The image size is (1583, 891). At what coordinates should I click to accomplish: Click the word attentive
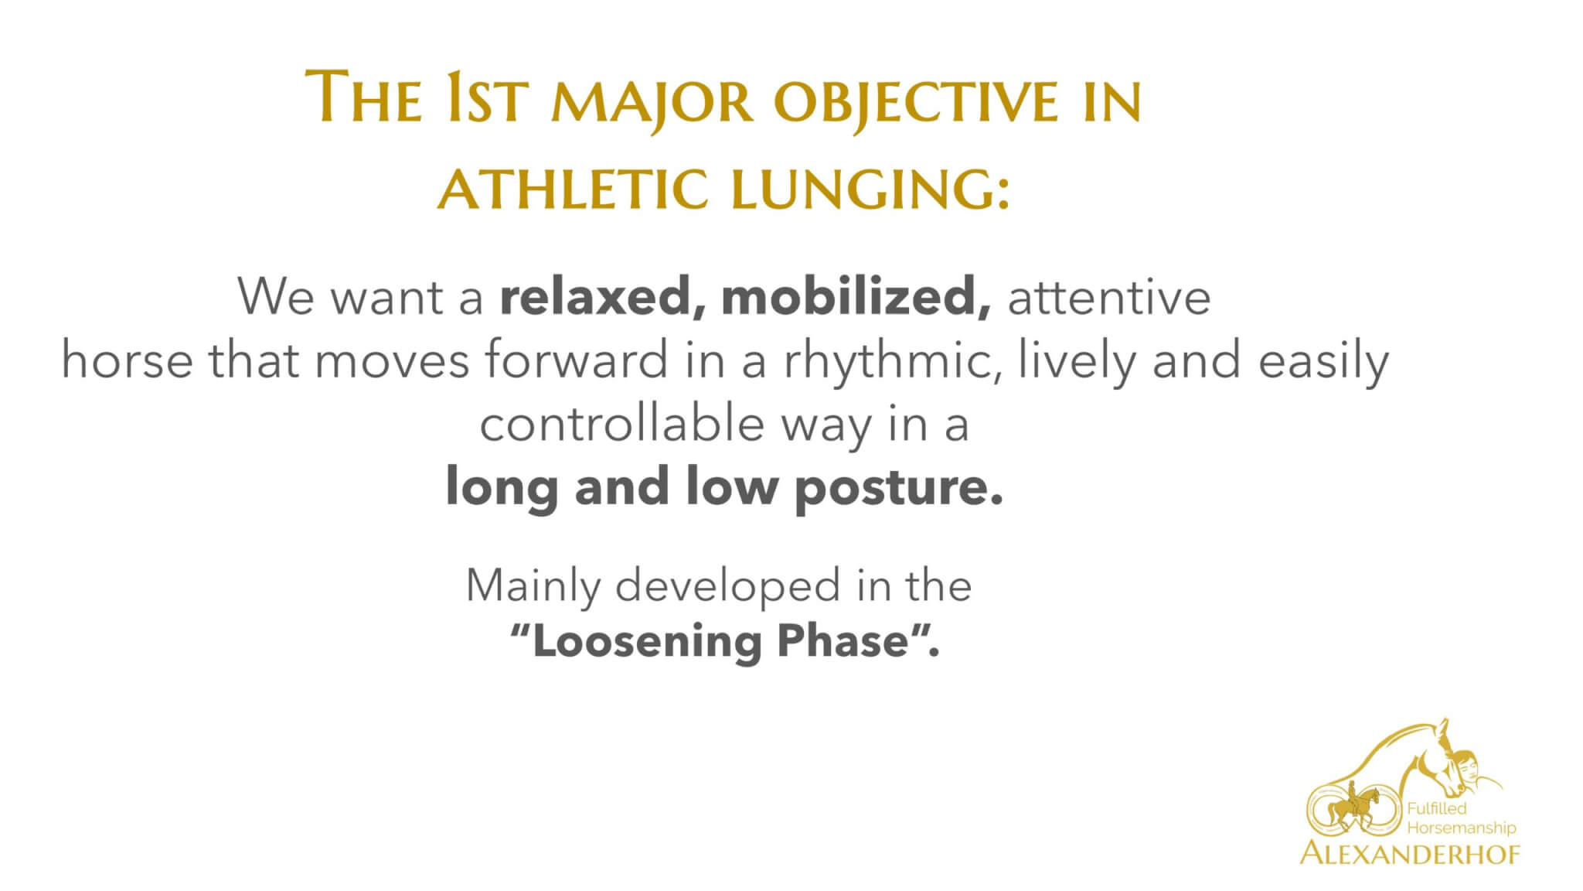pyautogui.click(x=1108, y=298)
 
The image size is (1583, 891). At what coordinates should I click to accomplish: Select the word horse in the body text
pyautogui.click(x=127, y=361)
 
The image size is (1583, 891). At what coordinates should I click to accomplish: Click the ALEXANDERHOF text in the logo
pyautogui.click(x=1410, y=853)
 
